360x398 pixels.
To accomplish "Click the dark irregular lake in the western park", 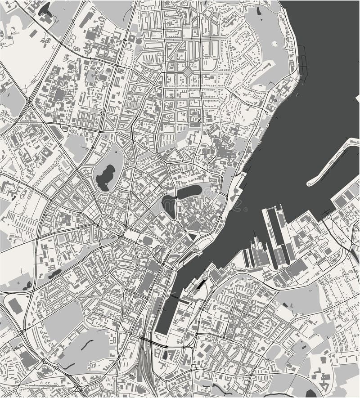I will point(105,177).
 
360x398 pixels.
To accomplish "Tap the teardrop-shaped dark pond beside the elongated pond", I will point(169,207).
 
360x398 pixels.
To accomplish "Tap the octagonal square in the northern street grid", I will point(187,72).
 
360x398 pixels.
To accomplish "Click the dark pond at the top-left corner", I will point(45,8).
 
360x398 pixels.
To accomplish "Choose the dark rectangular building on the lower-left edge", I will point(15,306).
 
